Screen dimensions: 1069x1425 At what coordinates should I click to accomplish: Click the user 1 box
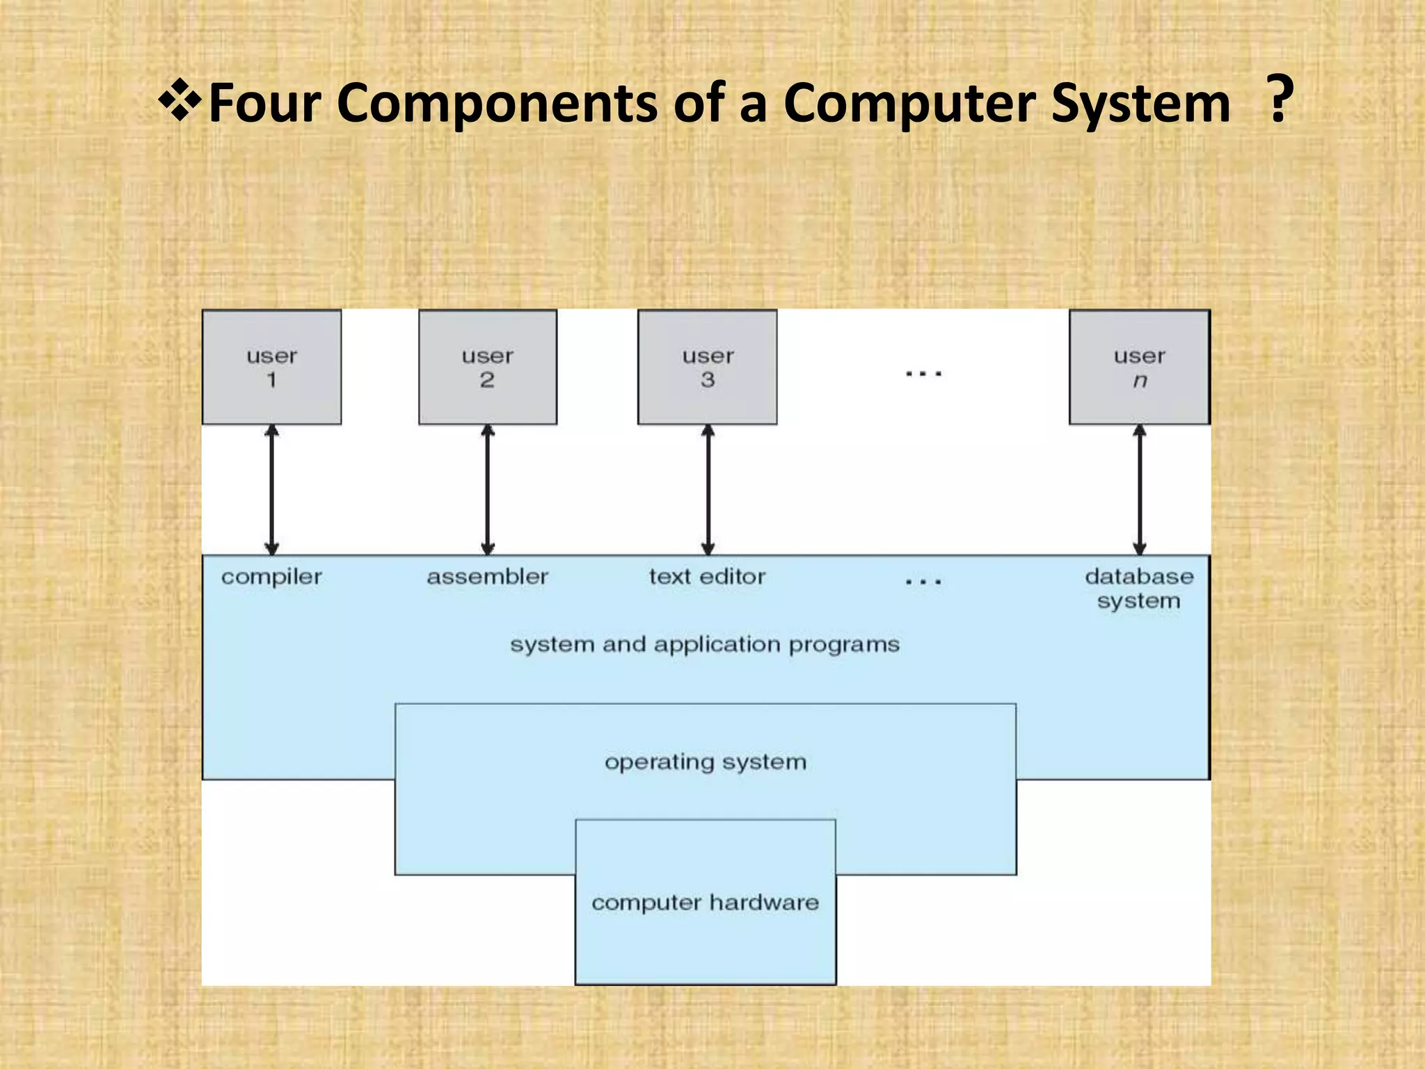[271, 367]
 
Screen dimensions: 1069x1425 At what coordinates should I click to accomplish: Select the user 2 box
[487, 367]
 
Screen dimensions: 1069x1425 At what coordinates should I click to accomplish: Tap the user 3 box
[707, 367]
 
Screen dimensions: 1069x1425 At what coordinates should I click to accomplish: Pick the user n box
[1139, 367]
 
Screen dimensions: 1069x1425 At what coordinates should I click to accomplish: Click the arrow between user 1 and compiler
[272, 489]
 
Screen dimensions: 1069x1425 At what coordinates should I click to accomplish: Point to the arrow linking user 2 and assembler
[488, 489]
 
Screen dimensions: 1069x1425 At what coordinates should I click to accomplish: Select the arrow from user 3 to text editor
[708, 489]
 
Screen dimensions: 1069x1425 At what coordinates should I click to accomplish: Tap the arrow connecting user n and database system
[1140, 489]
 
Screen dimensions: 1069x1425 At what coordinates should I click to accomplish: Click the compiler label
[271, 577]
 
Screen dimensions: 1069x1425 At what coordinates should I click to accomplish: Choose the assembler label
[487, 577]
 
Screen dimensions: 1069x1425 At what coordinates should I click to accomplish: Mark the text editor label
[707, 577]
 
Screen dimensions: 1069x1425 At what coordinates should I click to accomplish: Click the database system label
[1139, 589]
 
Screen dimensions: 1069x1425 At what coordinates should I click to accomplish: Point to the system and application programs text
[705, 644]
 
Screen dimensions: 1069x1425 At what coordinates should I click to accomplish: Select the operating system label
[706, 762]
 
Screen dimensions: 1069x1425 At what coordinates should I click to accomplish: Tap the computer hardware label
[705, 903]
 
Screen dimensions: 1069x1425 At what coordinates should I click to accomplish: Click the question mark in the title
[1279, 100]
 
